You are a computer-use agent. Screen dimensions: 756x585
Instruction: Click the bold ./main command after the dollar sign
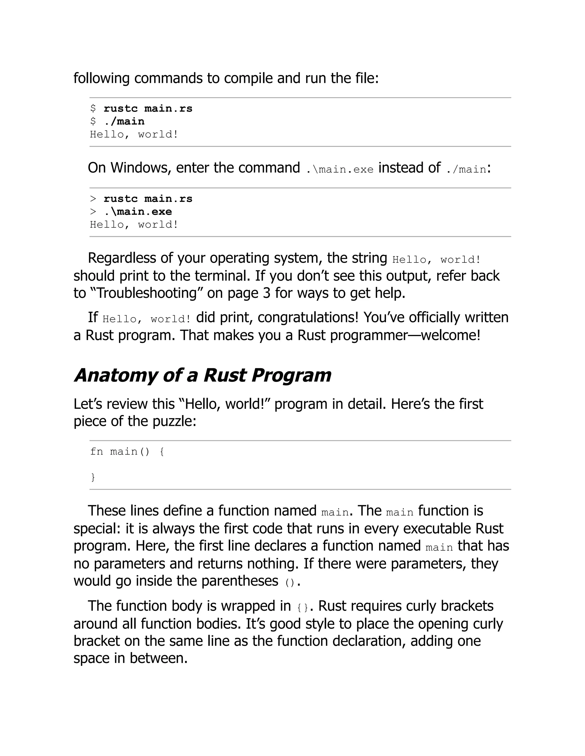[x=124, y=121]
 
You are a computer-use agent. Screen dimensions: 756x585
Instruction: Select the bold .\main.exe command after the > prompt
[x=138, y=211]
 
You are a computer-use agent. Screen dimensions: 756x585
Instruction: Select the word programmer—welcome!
[x=405, y=335]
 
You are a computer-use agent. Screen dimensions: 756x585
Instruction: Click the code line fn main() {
[x=127, y=451]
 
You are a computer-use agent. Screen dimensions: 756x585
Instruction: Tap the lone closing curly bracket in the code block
[x=93, y=477]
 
